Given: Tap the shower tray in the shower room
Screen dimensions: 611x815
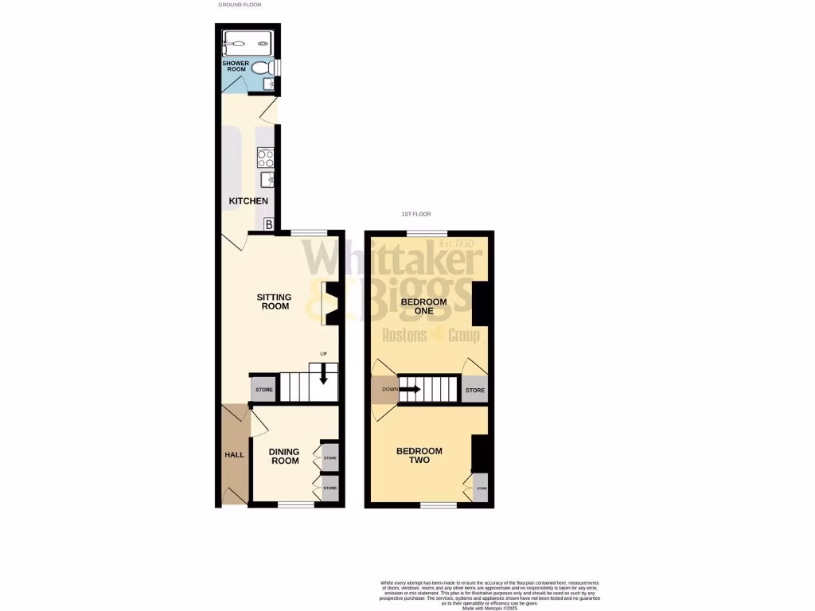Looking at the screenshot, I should click(248, 42).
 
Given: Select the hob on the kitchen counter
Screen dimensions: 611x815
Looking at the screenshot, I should click(265, 157).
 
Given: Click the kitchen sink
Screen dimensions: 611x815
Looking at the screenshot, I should click(266, 182).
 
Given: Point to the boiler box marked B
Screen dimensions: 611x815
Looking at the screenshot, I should click(269, 225).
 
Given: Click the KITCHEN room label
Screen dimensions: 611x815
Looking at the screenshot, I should click(248, 201).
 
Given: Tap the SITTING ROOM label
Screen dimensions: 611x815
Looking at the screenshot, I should click(274, 302).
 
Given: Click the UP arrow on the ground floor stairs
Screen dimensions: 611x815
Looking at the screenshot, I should click(323, 372).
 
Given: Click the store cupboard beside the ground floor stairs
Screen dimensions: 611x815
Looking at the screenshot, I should click(264, 391).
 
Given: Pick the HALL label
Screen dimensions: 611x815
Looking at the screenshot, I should click(234, 454).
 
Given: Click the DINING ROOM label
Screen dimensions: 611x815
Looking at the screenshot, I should click(284, 457).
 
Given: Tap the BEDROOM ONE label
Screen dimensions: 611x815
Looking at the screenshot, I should click(423, 306).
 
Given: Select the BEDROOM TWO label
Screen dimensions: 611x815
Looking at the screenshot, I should click(419, 455).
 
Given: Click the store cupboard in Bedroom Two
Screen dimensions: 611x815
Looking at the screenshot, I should click(480, 487).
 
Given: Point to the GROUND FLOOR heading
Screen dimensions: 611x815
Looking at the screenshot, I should click(240, 5).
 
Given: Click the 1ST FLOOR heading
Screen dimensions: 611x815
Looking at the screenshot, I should click(416, 215).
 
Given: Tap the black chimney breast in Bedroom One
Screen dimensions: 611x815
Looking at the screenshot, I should click(480, 303).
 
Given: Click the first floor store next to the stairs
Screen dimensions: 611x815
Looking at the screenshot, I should click(475, 391).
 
